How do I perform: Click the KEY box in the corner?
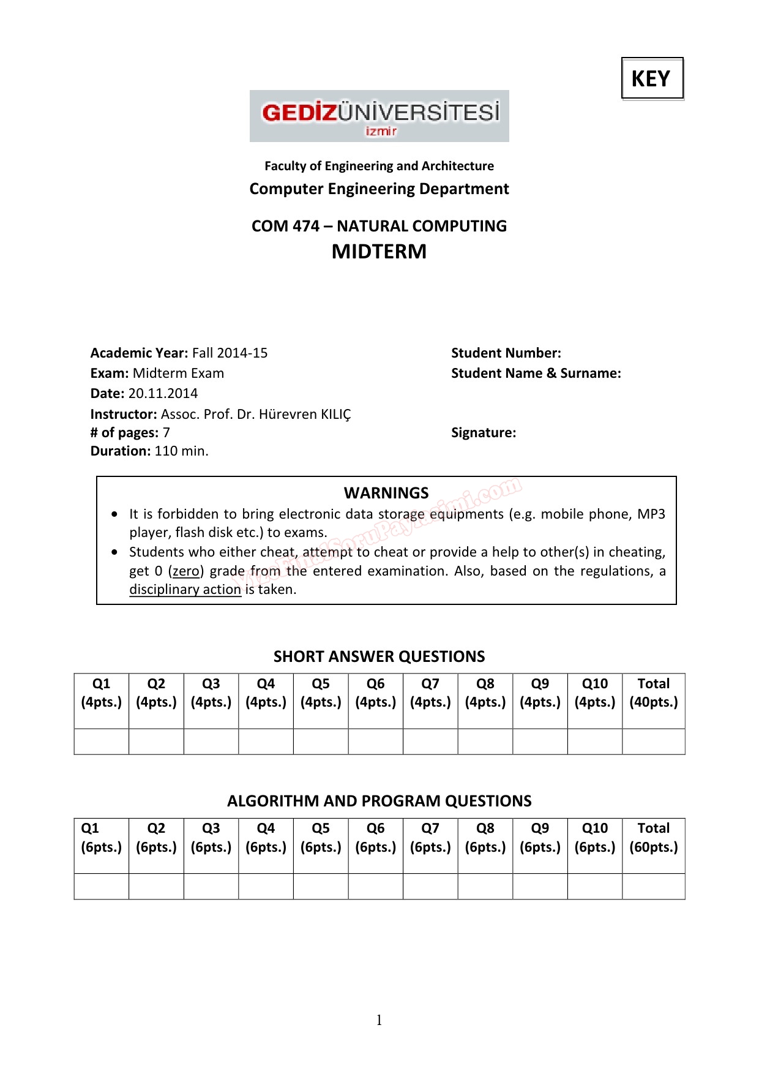click(x=652, y=78)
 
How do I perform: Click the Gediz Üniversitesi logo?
click(x=379, y=116)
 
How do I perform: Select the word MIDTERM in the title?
click(x=379, y=252)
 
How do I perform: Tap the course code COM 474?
click(x=285, y=226)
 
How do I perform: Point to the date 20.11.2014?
click(x=163, y=393)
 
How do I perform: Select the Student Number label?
click(x=506, y=353)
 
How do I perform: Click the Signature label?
click(x=483, y=432)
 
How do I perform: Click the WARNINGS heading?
click(x=386, y=493)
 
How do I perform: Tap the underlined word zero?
click(x=186, y=571)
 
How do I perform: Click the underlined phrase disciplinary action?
click(x=185, y=589)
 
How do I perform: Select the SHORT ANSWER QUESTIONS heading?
click(x=379, y=656)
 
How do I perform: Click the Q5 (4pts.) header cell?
click(x=321, y=693)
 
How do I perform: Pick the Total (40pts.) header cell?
click(x=653, y=693)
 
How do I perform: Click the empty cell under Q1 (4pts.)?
click(x=102, y=742)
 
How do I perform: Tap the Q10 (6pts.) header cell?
click(x=594, y=838)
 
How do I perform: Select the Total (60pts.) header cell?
click(x=653, y=838)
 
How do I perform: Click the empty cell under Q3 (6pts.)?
click(x=211, y=886)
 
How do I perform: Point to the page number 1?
click(x=379, y=1020)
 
